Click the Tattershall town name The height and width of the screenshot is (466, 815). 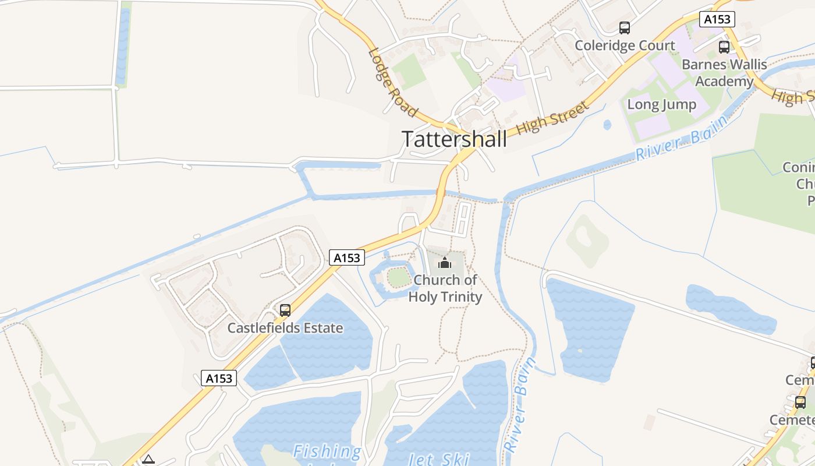(454, 139)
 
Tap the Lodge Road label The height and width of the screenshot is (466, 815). (392, 82)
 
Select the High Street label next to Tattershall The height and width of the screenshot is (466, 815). (552, 116)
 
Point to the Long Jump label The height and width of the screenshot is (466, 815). (661, 105)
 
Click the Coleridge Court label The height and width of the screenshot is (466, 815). (625, 45)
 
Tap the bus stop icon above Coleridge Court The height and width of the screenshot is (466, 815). (625, 27)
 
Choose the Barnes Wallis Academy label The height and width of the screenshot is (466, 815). (724, 73)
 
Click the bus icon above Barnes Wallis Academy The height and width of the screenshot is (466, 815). (724, 47)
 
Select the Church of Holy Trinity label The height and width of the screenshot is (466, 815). (445, 288)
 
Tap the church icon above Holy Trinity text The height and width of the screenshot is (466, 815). (445, 263)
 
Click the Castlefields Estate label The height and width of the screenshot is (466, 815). (285, 328)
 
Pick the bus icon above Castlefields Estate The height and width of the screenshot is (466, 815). (285, 310)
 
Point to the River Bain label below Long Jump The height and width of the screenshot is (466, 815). (681, 138)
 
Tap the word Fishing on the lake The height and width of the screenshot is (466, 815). (327, 451)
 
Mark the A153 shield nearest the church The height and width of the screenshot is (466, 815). (347, 257)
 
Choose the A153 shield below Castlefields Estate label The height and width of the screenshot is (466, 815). (219, 378)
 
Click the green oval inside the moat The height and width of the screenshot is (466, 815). (399, 278)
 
